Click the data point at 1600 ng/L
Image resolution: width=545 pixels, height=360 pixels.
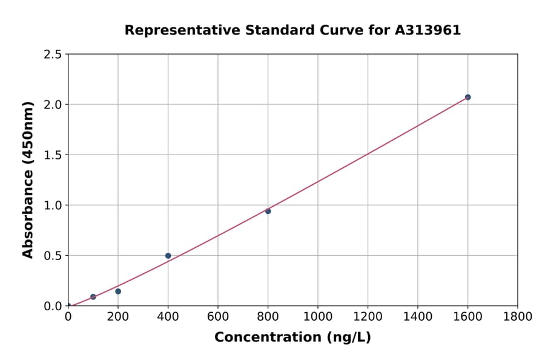[x=467, y=97]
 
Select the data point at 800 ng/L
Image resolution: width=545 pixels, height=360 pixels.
[x=268, y=211]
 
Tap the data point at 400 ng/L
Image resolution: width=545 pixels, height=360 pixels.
[x=168, y=256]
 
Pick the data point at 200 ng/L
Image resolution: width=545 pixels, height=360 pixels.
[x=118, y=292]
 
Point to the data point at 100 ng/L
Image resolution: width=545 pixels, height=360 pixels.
[x=93, y=297]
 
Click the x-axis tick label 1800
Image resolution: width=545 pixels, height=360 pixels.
[x=517, y=317]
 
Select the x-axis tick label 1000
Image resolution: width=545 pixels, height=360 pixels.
[x=317, y=317]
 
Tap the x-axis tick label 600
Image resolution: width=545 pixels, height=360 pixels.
[x=218, y=317]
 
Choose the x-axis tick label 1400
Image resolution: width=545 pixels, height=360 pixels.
[x=417, y=317]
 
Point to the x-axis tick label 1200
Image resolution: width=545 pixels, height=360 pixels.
[x=368, y=317]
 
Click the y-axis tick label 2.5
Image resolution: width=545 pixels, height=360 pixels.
[x=53, y=55]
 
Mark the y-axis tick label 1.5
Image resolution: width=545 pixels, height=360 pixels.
[x=53, y=155]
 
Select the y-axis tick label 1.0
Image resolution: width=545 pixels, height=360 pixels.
[x=53, y=205]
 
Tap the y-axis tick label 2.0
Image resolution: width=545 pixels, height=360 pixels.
[x=53, y=105]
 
